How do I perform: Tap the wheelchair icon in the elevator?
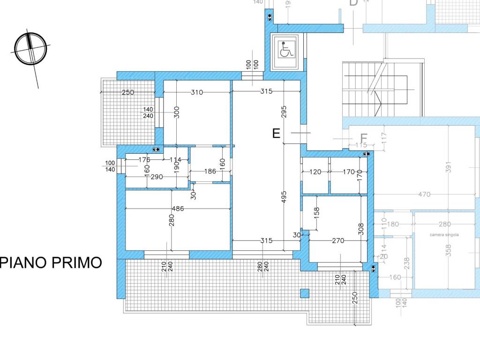[x=285, y=50]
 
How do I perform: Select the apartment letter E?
[x=276, y=134]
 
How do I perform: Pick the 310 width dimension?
[x=197, y=92]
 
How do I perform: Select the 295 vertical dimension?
[x=284, y=112]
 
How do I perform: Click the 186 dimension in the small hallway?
[x=210, y=172]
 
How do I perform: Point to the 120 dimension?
[x=315, y=172]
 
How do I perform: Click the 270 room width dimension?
[x=337, y=241]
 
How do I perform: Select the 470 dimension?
[x=425, y=194]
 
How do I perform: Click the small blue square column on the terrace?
[x=305, y=293]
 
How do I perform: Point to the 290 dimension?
[x=157, y=178]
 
